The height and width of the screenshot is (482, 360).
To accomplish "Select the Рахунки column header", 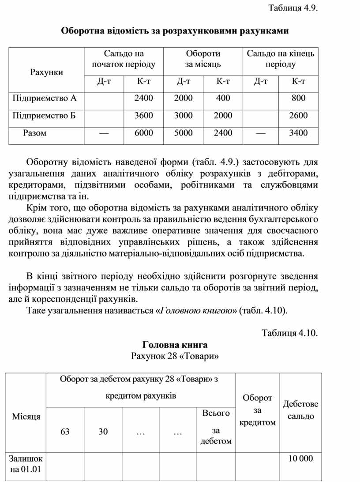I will pyautogui.click(x=46, y=72).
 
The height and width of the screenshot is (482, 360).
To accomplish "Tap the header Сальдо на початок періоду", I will pyautogui.click(x=124, y=59).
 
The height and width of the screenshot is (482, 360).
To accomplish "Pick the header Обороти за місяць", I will pyautogui.click(x=203, y=59).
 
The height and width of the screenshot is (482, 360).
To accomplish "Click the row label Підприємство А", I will pyautogui.click(x=41, y=98).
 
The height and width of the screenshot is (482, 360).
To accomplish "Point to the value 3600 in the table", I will pyautogui.click(x=144, y=116).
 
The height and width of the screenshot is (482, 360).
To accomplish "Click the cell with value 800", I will pyautogui.click(x=298, y=98).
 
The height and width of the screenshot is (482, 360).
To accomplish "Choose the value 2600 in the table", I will pyautogui.click(x=298, y=116).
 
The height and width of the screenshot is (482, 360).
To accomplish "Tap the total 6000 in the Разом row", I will pyautogui.click(x=144, y=133).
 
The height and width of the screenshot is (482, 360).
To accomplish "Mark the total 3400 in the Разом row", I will pyautogui.click(x=298, y=133).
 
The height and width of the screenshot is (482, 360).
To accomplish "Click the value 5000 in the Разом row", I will pyautogui.click(x=184, y=133).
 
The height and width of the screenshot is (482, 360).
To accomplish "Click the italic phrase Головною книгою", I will pyautogui.click(x=196, y=311).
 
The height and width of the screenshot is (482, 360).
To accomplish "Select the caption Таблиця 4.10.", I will pyautogui.click(x=290, y=333).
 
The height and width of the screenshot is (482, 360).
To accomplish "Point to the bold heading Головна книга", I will pyautogui.click(x=175, y=345).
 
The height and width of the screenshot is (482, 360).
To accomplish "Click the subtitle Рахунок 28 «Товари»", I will pyautogui.click(x=175, y=356).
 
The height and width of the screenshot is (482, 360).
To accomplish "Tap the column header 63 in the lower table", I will pyautogui.click(x=65, y=432).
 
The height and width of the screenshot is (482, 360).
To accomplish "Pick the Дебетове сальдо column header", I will pyautogui.click(x=300, y=410).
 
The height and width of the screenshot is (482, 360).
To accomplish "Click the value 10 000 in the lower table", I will pyautogui.click(x=300, y=459).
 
